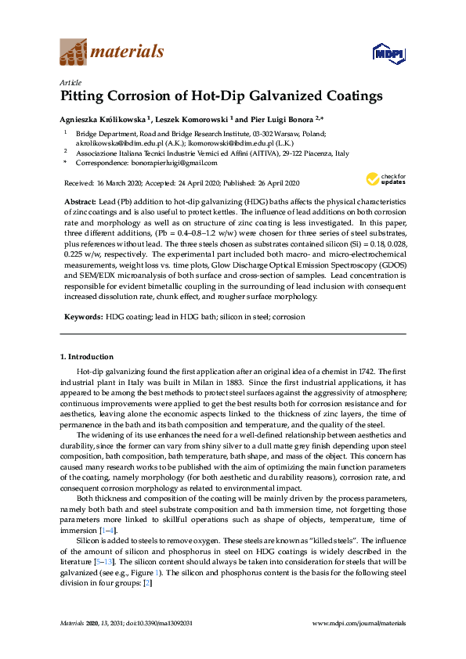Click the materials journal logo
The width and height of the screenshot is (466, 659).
[x=112, y=52]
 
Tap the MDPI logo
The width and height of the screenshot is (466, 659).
[x=388, y=53]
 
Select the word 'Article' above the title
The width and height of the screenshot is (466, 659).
[x=70, y=82]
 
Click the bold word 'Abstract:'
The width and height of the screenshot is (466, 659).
[x=81, y=202]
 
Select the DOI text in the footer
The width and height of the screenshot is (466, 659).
[x=161, y=622]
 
